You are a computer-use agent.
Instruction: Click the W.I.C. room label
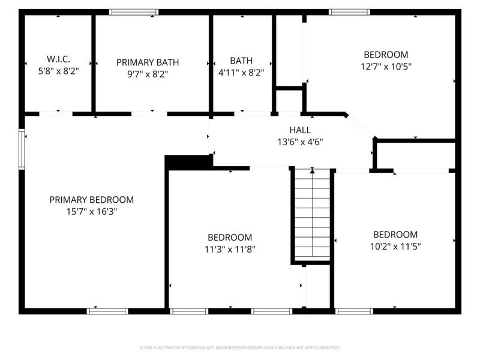(x=58, y=59)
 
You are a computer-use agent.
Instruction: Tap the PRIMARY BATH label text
(x=148, y=62)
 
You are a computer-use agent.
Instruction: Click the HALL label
(x=300, y=130)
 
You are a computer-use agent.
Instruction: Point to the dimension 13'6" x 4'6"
(x=300, y=142)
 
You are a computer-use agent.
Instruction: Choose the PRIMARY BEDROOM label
(x=91, y=200)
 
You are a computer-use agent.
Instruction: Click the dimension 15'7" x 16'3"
(x=91, y=211)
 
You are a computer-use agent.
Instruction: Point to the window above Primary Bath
(x=134, y=12)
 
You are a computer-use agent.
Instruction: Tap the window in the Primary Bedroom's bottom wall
(x=107, y=311)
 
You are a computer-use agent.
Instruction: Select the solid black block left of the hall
(x=188, y=161)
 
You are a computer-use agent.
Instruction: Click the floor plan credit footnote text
(x=239, y=347)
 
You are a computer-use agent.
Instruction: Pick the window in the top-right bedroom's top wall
(x=350, y=12)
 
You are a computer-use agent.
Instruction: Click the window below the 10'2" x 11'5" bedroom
(x=354, y=311)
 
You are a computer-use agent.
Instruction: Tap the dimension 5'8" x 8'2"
(x=58, y=70)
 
